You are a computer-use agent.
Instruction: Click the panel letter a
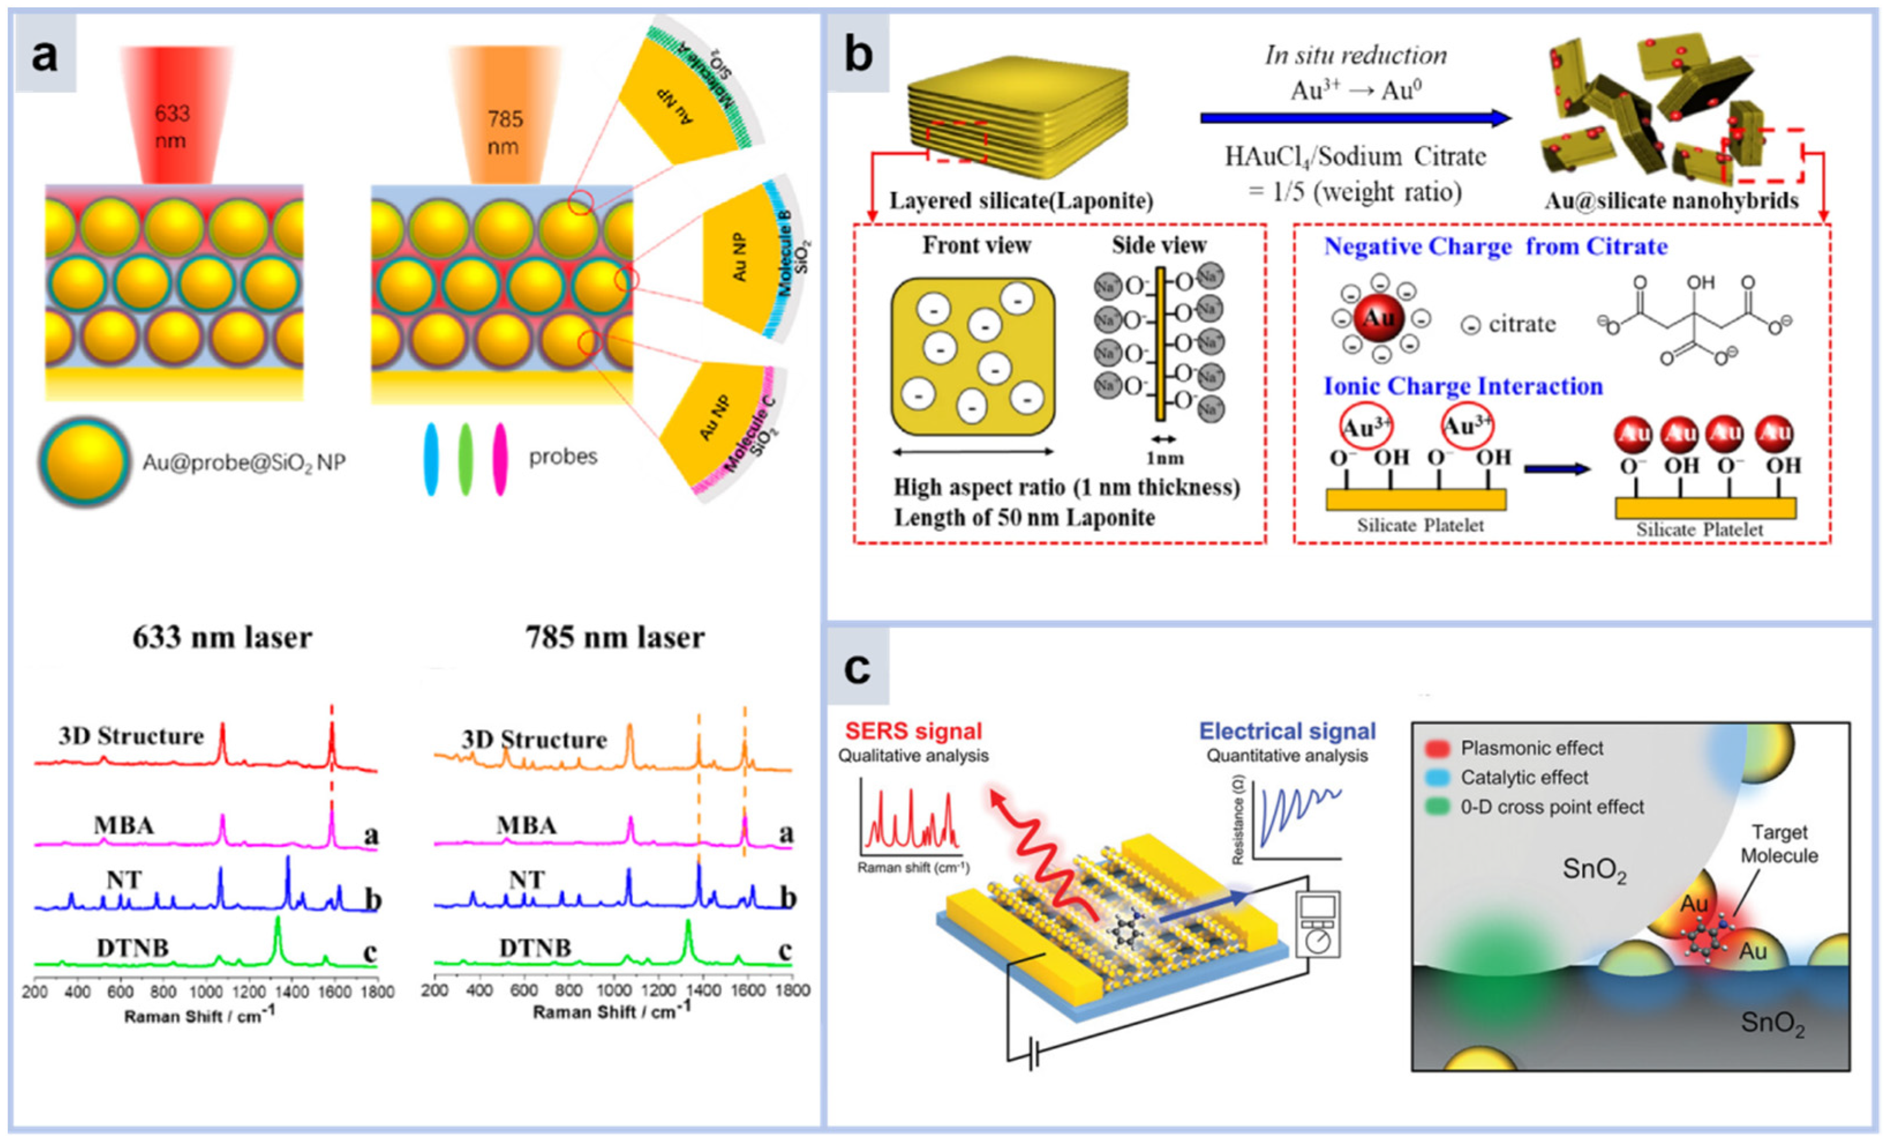point(44,55)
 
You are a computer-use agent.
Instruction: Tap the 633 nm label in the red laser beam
point(171,127)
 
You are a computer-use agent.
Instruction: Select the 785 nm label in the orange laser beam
point(504,132)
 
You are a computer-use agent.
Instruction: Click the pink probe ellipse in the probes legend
point(500,459)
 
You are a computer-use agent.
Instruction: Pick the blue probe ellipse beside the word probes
point(431,459)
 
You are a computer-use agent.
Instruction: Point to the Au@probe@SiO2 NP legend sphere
point(84,462)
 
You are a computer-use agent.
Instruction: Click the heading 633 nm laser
point(222,637)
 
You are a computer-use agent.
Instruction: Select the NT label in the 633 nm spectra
point(123,879)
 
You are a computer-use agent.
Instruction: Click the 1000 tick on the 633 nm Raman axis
point(206,991)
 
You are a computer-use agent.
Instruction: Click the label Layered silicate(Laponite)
point(1021,201)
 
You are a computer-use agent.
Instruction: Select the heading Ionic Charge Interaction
point(1463,386)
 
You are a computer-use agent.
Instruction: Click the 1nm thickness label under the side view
point(1164,459)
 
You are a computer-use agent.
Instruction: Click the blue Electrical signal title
point(1287,731)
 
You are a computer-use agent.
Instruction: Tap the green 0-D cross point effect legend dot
point(1436,807)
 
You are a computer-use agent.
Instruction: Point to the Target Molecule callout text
point(1778,843)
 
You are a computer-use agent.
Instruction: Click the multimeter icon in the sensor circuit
point(1317,924)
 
